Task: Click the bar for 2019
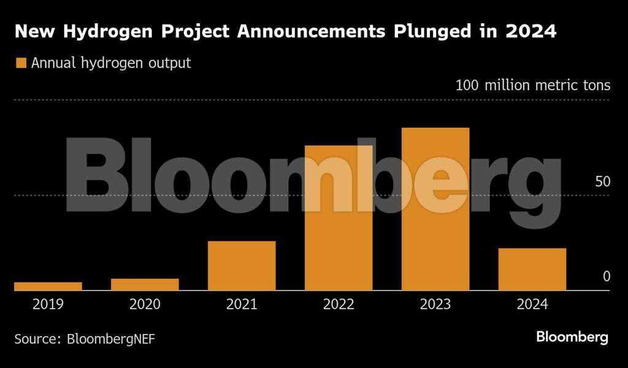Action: click(x=48, y=286)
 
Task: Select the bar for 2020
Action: click(x=145, y=284)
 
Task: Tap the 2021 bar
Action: click(x=242, y=265)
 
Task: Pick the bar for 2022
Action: click(x=339, y=218)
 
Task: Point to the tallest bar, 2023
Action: click(x=435, y=209)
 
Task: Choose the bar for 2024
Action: click(x=532, y=269)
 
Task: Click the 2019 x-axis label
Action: click(x=48, y=304)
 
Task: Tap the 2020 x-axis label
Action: click(x=145, y=304)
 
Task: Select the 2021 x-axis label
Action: click(x=242, y=304)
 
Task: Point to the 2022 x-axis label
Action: click(x=339, y=304)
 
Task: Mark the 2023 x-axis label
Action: click(x=435, y=304)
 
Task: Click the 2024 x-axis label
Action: click(x=532, y=304)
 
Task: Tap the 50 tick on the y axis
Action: click(x=603, y=182)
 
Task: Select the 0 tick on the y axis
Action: click(x=607, y=277)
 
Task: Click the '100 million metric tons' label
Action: click(x=532, y=85)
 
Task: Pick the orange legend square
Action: click(x=21, y=63)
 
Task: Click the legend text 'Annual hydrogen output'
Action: click(x=111, y=63)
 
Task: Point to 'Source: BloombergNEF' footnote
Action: click(x=85, y=338)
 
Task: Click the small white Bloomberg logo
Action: click(x=572, y=337)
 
